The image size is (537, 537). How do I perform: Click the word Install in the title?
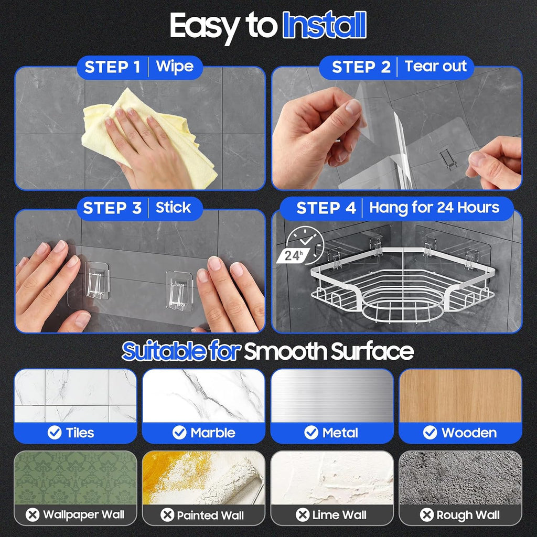point(325,25)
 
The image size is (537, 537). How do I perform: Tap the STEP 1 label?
point(112,67)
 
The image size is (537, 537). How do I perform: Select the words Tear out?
point(436,66)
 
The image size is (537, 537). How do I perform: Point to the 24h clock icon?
point(300,246)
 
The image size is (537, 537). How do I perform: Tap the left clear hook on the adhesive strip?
point(97,281)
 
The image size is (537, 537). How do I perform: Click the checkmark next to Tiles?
point(55,433)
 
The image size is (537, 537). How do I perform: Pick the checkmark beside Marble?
point(179,433)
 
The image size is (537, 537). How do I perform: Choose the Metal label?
point(340,433)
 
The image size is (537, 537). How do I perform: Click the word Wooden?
point(469,433)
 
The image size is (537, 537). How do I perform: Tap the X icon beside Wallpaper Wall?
point(33,515)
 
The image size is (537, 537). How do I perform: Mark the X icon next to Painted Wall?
point(167,515)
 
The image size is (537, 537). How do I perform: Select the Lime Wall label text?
point(339,515)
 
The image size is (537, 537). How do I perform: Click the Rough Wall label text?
point(468,515)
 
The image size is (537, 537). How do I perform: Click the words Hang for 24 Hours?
point(434,208)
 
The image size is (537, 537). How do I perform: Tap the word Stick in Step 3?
point(173,208)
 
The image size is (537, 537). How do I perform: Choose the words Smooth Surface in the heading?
point(329,351)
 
